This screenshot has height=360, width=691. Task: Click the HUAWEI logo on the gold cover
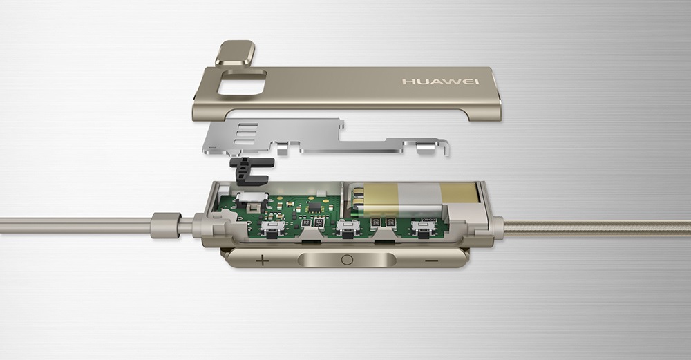[x=440, y=82]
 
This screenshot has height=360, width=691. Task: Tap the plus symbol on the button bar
[x=262, y=260]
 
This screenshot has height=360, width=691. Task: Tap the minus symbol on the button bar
[x=432, y=261]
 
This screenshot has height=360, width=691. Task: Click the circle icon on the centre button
[x=347, y=260]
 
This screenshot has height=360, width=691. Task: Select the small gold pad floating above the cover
[x=236, y=53]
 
